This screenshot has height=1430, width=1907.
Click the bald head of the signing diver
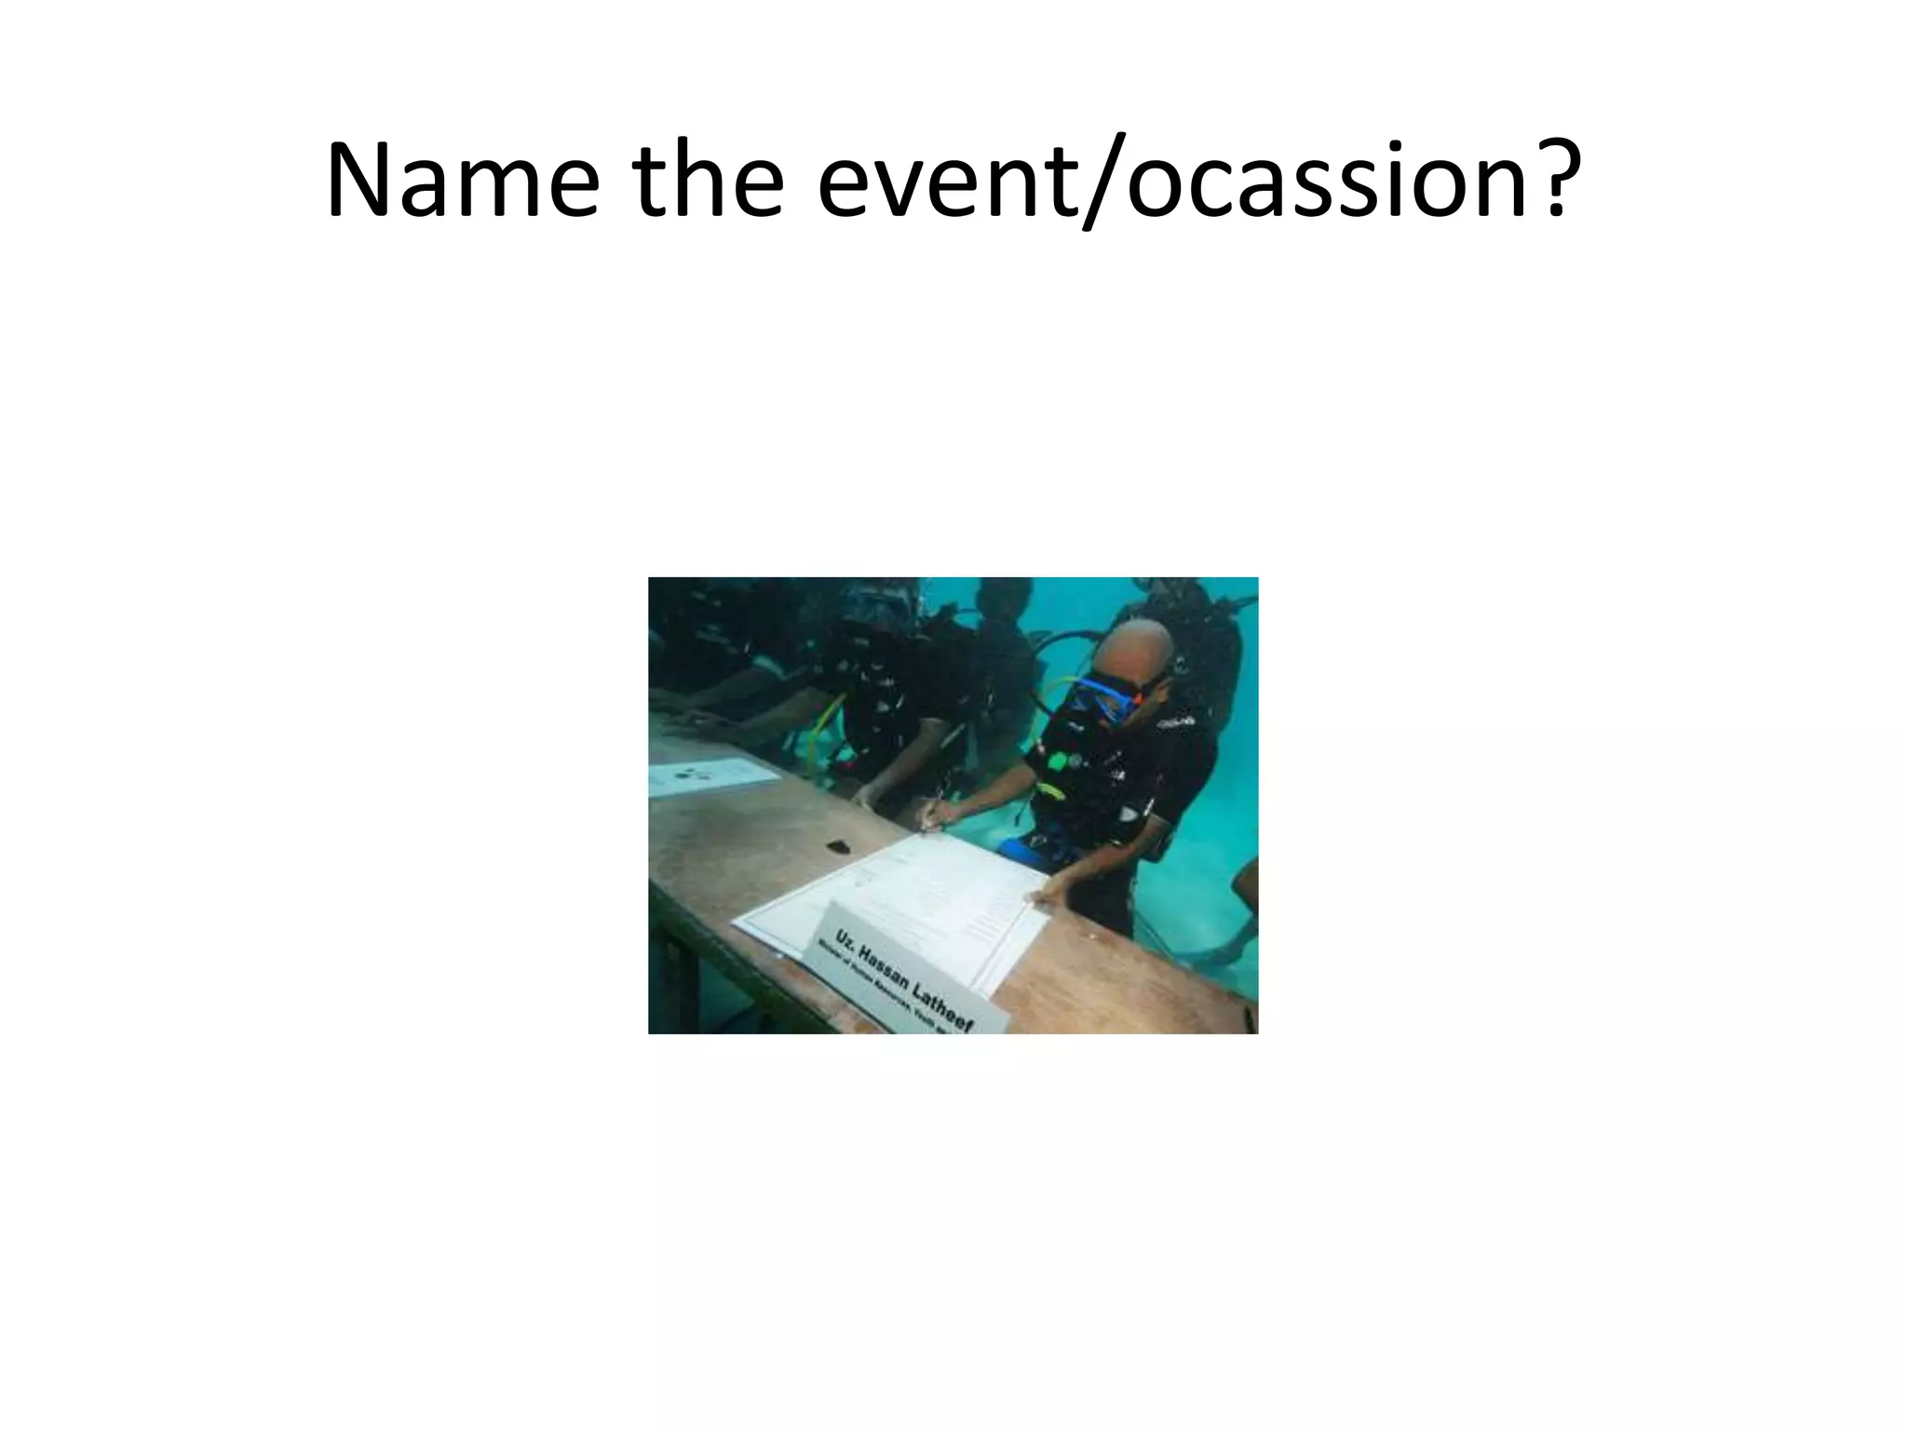[1132, 647]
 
